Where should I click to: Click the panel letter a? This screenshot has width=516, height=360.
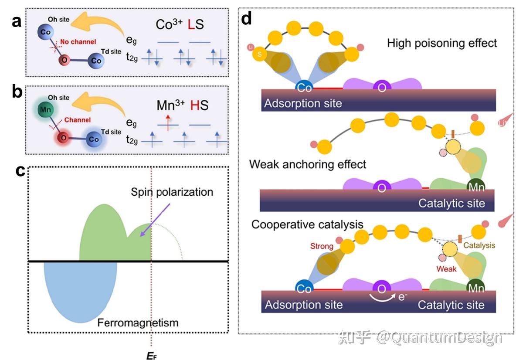(x=17, y=20)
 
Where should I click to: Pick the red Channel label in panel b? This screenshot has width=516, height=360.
(x=77, y=119)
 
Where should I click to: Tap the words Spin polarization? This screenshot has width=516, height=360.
(x=172, y=192)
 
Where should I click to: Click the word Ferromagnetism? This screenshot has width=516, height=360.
(x=138, y=323)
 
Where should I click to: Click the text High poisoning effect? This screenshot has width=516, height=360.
(x=441, y=43)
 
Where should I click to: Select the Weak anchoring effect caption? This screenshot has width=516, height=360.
(x=308, y=164)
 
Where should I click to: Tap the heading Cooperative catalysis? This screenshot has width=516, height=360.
(x=307, y=224)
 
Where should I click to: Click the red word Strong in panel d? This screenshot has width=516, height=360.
(x=322, y=246)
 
